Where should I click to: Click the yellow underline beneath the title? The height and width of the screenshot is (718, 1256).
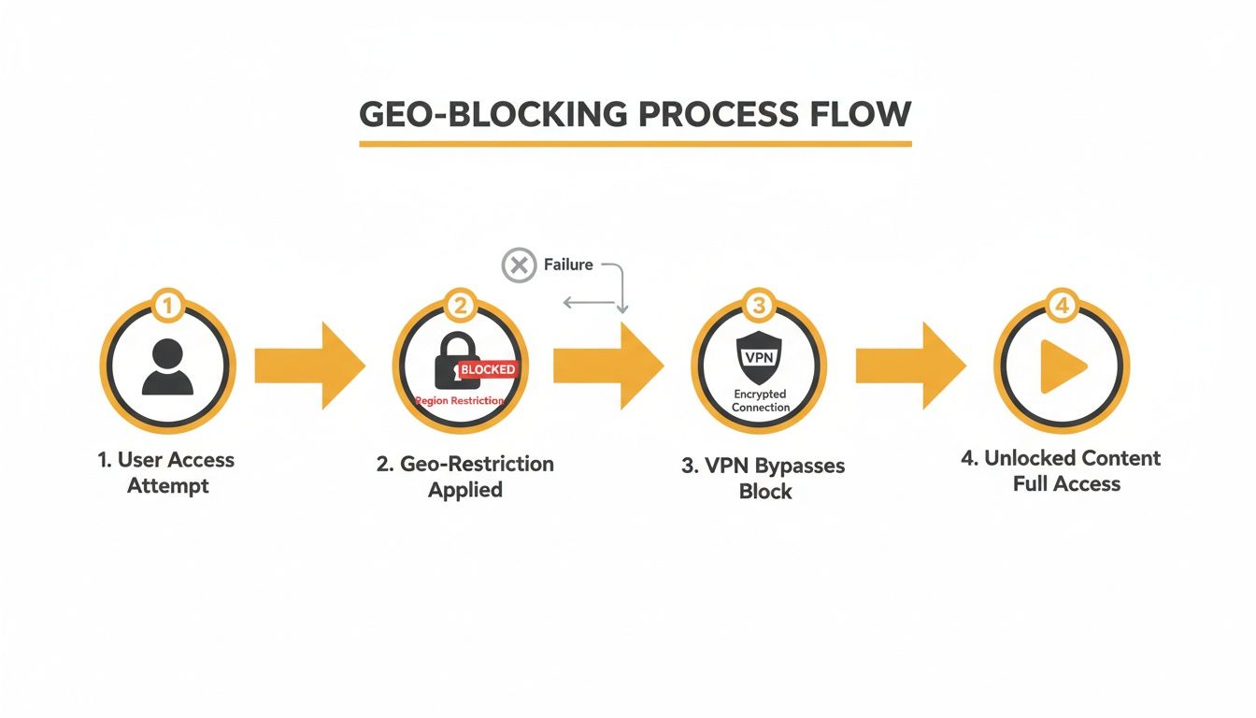click(x=635, y=144)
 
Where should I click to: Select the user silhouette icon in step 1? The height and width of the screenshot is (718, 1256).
click(x=168, y=366)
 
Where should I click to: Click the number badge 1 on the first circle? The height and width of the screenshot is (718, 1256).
click(x=168, y=305)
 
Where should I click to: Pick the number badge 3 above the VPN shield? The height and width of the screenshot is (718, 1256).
click(x=759, y=305)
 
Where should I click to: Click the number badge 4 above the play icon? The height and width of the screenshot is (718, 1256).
click(x=1063, y=305)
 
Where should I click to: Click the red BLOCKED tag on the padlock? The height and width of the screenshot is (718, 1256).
click(x=487, y=370)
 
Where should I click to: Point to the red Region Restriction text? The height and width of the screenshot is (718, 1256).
click(x=460, y=400)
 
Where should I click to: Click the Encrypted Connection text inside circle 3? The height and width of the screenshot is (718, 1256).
click(x=760, y=401)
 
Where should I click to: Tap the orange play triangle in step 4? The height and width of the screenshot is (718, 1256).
click(x=1063, y=366)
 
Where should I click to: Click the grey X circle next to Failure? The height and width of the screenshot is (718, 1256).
click(x=519, y=266)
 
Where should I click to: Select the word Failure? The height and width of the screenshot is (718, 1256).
click(x=568, y=266)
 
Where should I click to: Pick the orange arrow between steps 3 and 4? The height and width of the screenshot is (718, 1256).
click(x=910, y=366)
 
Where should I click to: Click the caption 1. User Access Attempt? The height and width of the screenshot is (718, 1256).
click(x=167, y=472)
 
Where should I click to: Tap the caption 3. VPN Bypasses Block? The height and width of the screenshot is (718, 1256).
click(x=764, y=479)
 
